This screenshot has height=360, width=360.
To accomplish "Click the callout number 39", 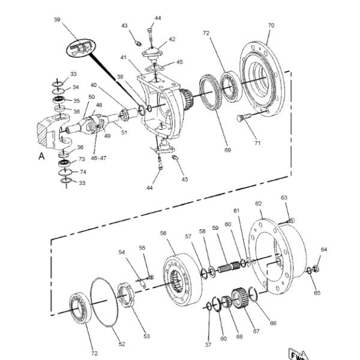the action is tap(57, 20).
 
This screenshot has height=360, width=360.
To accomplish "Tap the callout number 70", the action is tap(271, 25).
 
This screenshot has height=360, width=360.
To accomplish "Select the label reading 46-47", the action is tap(98, 158).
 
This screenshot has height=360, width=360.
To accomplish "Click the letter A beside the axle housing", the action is tap(41, 156).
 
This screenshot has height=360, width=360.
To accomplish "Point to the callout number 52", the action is tap(122, 344).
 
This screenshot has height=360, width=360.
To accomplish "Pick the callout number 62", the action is tap(258, 203).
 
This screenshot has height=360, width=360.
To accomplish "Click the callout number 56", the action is tap(163, 233).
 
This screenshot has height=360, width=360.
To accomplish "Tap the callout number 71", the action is tap(257, 143).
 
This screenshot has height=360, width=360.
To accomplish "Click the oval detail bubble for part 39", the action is tap(80, 47).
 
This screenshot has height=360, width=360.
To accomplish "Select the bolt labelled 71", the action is tap(244, 118).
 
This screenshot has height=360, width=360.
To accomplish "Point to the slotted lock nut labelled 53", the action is tap(126, 296).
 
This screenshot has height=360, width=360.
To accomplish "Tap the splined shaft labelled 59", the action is tap(229, 267).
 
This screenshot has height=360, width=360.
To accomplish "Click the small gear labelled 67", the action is tap(239, 298).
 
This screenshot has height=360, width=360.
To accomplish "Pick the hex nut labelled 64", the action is tap(316, 268).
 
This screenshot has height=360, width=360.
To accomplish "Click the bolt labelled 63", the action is tap(287, 221).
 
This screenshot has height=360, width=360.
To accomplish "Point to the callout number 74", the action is tap(83, 172).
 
